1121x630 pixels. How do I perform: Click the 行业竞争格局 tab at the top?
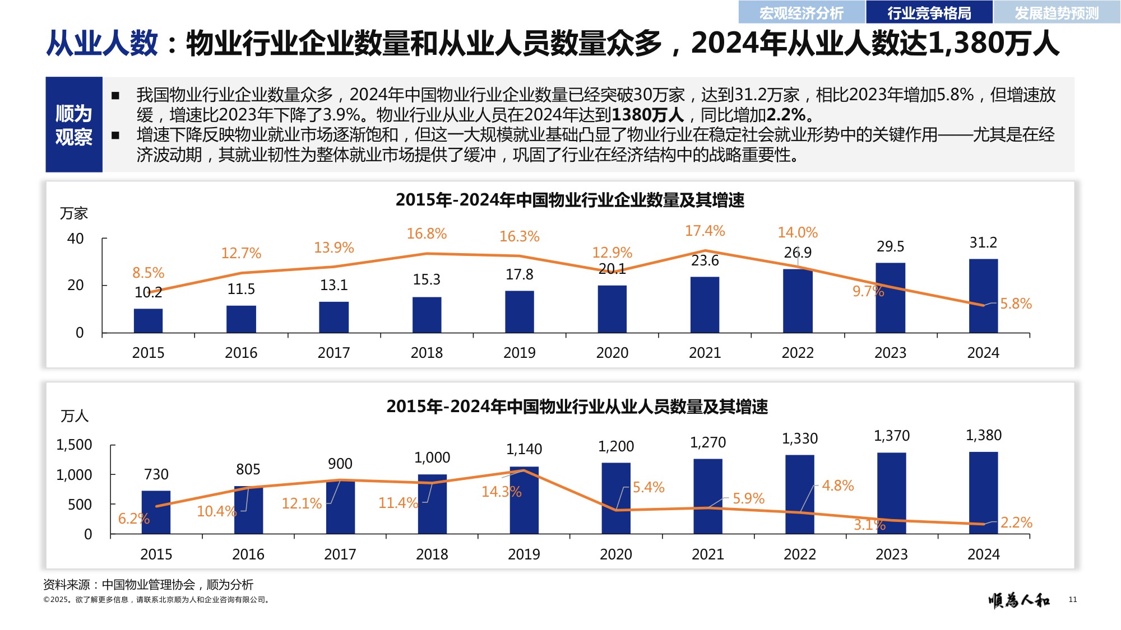[x=929, y=12]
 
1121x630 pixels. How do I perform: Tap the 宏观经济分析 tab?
[x=801, y=12]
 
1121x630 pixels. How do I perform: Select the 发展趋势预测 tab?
[x=1057, y=12]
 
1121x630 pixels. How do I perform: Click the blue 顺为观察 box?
[x=73, y=124]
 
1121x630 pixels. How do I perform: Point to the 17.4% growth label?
[x=705, y=231]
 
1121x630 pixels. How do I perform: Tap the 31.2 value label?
[x=983, y=242]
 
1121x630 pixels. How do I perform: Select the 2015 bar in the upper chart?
[x=148, y=321]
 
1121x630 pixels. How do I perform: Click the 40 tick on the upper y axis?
[x=75, y=239]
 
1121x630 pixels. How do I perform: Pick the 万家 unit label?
[x=74, y=213]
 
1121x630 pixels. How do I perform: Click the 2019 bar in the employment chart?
[x=524, y=500]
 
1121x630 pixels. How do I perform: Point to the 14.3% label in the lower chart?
[x=501, y=492]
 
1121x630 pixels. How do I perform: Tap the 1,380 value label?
[x=983, y=435]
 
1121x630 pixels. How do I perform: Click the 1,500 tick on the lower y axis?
[x=74, y=445]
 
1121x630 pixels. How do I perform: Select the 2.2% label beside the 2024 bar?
[x=1016, y=522]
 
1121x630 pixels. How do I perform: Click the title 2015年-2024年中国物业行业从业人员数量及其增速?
[x=577, y=407]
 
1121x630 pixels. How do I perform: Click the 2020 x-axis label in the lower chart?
[x=615, y=554]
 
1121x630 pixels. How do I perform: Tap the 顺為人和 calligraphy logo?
[x=1019, y=600]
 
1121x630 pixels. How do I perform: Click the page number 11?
[x=1072, y=600]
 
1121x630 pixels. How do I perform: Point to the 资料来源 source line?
[x=148, y=585]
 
